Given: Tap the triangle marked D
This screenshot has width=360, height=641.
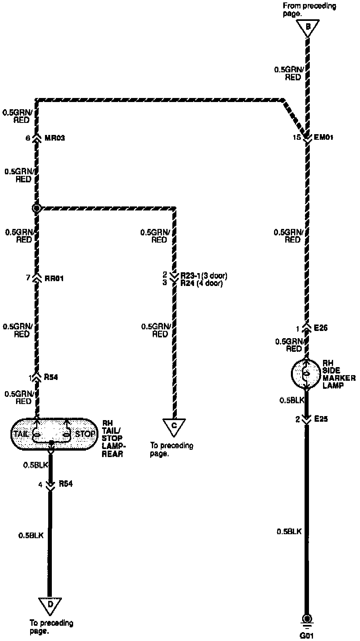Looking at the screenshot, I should (x=50, y=605).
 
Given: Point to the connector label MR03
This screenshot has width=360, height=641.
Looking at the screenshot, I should (x=55, y=138).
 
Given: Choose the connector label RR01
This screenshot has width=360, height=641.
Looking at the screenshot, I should (x=54, y=278).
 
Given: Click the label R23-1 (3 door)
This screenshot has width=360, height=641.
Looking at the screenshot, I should (x=204, y=276).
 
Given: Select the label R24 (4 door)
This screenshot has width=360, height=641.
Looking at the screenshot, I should (x=201, y=283).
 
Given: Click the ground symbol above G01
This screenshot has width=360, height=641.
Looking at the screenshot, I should (x=307, y=619).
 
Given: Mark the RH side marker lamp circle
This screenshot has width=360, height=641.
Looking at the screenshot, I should (x=306, y=374).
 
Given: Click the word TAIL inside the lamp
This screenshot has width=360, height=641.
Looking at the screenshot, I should (x=21, y=434).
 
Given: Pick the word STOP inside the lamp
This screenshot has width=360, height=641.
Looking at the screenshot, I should (x=85, y=434).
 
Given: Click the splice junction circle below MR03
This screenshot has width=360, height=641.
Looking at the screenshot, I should (x=37, y=208).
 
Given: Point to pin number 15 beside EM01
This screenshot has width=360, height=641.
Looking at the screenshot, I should (x=297, y=137).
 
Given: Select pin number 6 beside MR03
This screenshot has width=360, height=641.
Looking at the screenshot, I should (x=27, y=138).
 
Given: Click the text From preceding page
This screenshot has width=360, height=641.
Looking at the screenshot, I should (x=309, y=9).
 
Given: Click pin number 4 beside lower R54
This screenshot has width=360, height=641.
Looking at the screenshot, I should (x=40, y=485).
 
